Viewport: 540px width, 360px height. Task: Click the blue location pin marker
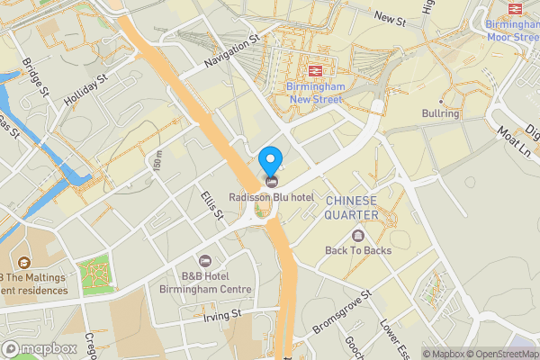coord(269,163)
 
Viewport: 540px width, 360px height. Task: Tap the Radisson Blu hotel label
coord(269,197)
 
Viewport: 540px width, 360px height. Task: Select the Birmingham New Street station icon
coord(316,70)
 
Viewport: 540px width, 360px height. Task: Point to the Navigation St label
coord(231,50)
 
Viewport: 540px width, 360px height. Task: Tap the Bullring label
coord(440,114)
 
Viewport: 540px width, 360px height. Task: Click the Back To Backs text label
coord(358,250)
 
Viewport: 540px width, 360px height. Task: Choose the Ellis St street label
coord(212,203)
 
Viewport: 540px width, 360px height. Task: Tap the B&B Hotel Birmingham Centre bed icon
coord(203,260)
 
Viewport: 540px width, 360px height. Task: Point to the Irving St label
coord(223,315)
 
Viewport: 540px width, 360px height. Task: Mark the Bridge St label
coord(36,78)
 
